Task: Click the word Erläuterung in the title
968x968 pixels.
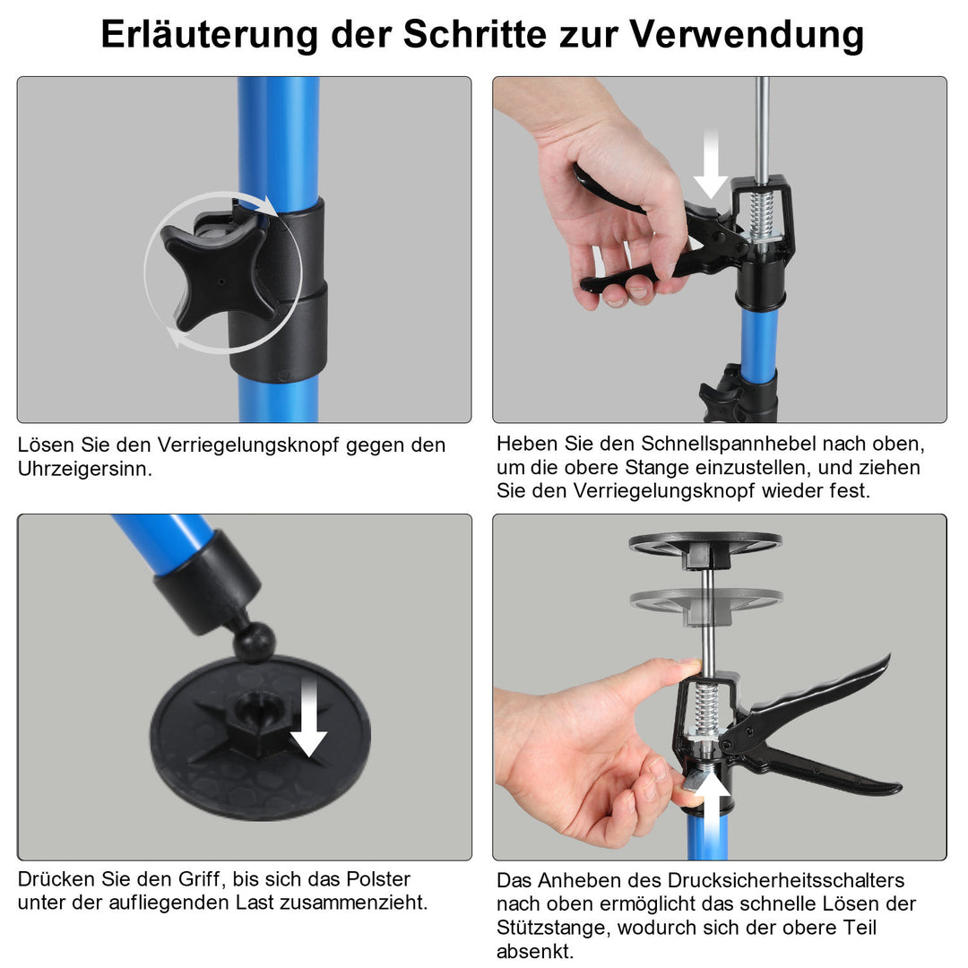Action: (210, 35)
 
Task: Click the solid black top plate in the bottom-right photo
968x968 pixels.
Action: (704, 545)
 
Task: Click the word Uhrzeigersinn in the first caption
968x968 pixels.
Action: (85, 469)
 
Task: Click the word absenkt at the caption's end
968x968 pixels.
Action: (535, 951)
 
